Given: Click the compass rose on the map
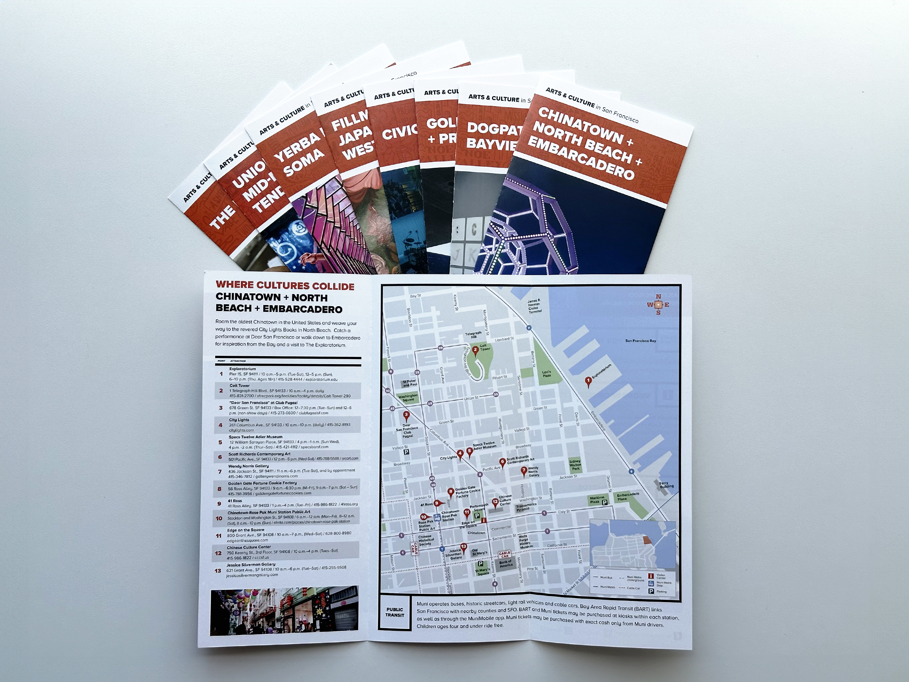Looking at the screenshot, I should (x=658, y=305).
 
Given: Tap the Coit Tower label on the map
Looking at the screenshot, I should (x=484, y=347).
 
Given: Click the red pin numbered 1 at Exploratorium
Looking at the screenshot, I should (x=588, y=381).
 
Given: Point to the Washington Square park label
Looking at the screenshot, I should (x=408, y=397).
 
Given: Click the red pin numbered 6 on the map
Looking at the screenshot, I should (x=502, y=462).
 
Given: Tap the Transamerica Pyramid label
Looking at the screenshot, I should (x=526, y=507).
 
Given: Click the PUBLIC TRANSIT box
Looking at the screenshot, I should (x=395, y=612).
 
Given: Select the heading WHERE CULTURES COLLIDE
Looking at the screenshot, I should (x=285, y=286).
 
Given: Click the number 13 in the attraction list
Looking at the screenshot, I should (x=218, y=570).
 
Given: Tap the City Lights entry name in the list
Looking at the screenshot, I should (x=239, y=420).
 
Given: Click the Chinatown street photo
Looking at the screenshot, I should (x=284, y=610).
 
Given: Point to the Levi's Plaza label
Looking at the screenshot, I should (x=546, y=374).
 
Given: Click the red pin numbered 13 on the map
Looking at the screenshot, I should (x=464, y=547).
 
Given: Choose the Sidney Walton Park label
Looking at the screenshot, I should (x=575, y=465).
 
